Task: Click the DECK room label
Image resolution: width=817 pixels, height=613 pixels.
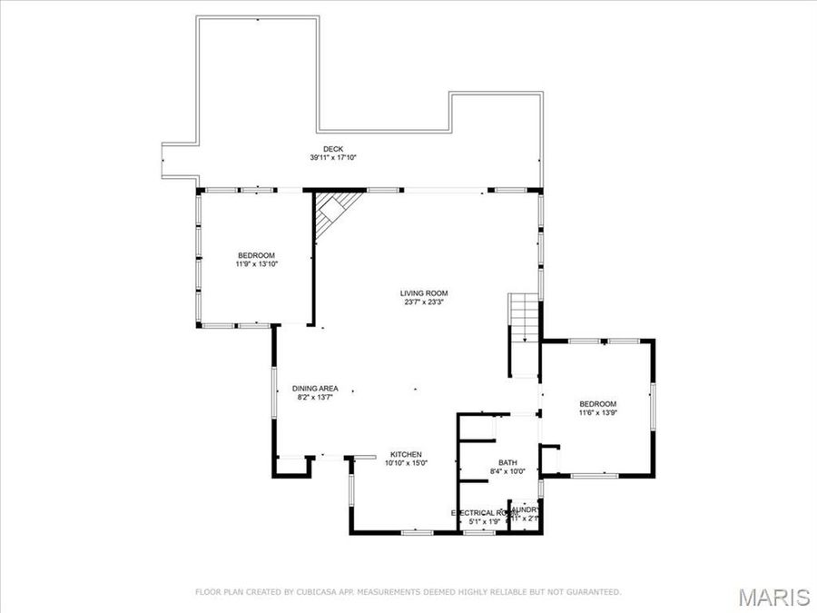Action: coord(333,149)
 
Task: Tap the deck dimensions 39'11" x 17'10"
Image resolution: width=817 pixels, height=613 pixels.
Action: coord(333,158)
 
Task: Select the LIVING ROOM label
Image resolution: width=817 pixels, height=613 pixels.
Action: coord(424,293)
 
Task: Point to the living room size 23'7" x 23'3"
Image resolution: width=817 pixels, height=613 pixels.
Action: coord(424,302)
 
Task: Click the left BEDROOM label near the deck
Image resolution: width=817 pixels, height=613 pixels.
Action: coord(256,255)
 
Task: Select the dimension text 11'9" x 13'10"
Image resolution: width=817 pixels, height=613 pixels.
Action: coord(256,264)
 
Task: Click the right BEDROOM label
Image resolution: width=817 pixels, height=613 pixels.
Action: coord(598,404)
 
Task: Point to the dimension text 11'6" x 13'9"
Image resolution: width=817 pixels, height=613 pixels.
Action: coord(598,413)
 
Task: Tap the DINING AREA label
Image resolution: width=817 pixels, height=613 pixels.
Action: coord(315,388)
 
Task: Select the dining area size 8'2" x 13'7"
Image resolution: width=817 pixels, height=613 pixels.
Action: coord(315,397)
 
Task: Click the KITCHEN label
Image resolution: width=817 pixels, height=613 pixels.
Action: coord(407,454)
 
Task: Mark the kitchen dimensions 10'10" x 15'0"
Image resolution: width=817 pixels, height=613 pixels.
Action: coord(407,463)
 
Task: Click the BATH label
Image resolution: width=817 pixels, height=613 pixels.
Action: coord(507,462)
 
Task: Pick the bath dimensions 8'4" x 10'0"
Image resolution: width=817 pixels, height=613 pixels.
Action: coord(507,471)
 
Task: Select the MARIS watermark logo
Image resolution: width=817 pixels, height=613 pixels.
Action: coord(773,597)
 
